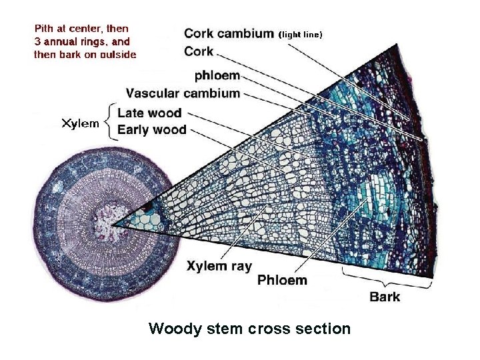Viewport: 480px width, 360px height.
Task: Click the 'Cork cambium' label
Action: coord(229,33)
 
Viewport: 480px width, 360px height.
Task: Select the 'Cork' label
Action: coord(199,51)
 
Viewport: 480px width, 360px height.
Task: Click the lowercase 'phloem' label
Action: coord(217,75)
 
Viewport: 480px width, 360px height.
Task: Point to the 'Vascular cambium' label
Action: coord(183,93)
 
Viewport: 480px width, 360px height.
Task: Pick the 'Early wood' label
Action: coord(151,129)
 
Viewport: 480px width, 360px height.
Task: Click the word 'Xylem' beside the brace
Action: coord(81,123)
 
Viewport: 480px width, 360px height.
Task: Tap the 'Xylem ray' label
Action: coord(219,267)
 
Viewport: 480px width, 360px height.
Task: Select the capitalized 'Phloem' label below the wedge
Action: coord(282,280)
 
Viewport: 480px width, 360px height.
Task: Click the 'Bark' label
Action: coord(385,296)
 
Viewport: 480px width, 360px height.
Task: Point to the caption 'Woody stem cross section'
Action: coord(249,329)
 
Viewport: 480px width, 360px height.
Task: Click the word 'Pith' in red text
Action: coord(44,29)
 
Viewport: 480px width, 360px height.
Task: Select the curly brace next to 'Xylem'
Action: coord(109,121)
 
